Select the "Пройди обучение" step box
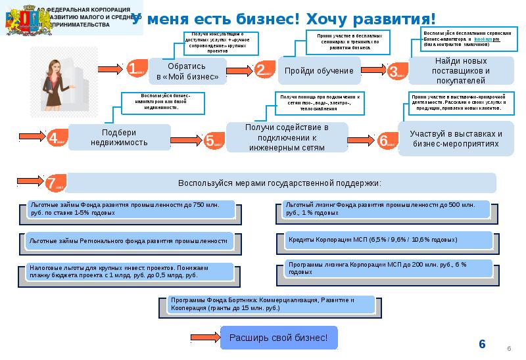[x=319, y=70]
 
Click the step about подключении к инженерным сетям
[x=287, y=137]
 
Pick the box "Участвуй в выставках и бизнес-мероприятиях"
[x=454, y=137]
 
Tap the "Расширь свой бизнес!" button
[x=278, y=338]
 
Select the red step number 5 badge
[x=210, y=140]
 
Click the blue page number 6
[x=482, y=344]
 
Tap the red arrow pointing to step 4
[x=31, y=137]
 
